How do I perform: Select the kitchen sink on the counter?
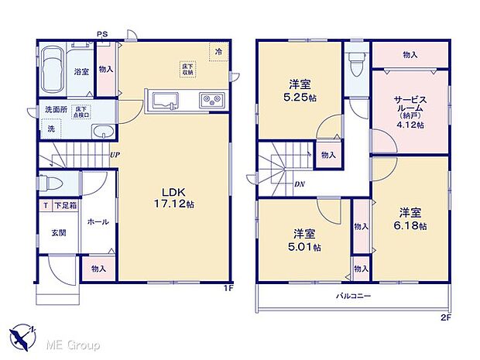(165, 101)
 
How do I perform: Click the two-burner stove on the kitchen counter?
(212, 101)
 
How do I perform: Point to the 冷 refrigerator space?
(219, 51)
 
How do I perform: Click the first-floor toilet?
(50, 185)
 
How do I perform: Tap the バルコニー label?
(353, 297)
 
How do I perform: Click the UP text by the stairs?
(115, 154)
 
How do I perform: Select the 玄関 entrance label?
(59, 232)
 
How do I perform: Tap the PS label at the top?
(101, 33)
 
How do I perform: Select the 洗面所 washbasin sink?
(100, 132)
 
